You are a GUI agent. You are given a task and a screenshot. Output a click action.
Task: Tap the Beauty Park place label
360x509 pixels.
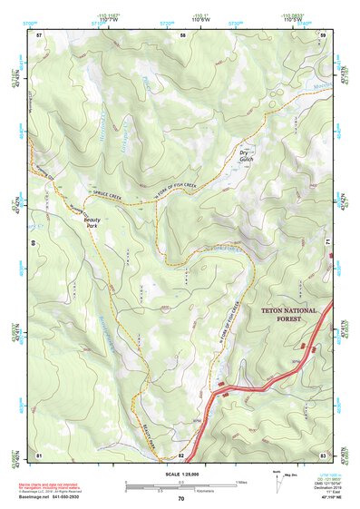92,221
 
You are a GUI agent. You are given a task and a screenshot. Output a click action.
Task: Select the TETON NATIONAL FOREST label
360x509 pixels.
289,315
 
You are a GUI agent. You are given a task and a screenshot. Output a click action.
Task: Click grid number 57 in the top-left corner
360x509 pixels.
39,34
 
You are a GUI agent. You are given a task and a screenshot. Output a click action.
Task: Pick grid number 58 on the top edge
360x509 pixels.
182,34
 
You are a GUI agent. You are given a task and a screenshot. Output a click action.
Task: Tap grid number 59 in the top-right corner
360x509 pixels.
323,34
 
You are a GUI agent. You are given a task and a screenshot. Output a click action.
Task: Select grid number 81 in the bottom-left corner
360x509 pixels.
39,454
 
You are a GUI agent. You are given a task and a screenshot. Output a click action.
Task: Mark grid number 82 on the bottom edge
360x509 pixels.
181,454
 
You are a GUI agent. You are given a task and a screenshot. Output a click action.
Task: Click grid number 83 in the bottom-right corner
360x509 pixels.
323,454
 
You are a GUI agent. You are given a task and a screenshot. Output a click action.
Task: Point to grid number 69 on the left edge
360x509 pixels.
35,243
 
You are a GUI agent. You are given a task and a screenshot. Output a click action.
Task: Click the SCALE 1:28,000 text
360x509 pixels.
180,474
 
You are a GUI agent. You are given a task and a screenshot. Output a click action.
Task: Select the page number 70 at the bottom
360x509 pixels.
180,498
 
